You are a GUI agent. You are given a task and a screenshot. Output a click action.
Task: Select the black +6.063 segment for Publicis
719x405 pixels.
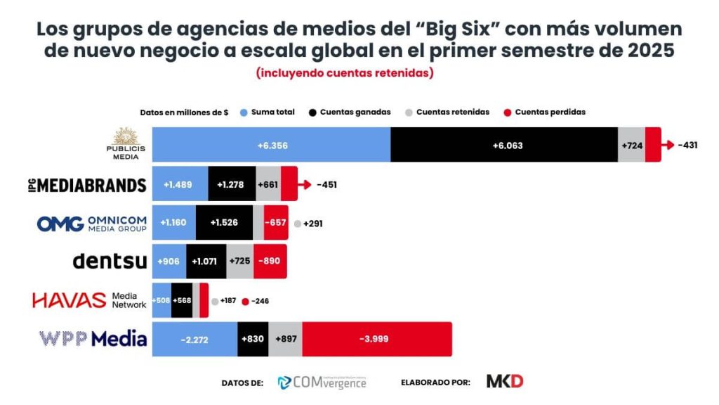503,145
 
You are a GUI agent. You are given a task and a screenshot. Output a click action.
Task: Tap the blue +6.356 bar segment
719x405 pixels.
272,145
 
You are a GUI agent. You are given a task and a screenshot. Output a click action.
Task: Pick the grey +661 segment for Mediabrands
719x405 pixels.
268,185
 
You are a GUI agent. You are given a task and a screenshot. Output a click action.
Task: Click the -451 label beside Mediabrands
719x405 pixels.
328,185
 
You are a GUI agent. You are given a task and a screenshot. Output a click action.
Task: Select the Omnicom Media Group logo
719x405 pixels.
91,224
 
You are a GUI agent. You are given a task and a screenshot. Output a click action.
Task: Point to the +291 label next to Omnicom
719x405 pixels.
312,224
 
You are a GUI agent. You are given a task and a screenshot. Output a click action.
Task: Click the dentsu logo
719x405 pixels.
110,262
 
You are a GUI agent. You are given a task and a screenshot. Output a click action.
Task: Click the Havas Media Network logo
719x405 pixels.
89,300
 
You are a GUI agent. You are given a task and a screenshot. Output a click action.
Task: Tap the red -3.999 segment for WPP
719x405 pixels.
376,339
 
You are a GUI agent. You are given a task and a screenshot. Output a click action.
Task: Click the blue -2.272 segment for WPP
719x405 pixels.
194,339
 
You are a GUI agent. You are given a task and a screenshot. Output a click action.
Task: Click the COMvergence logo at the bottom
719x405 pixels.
322,382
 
